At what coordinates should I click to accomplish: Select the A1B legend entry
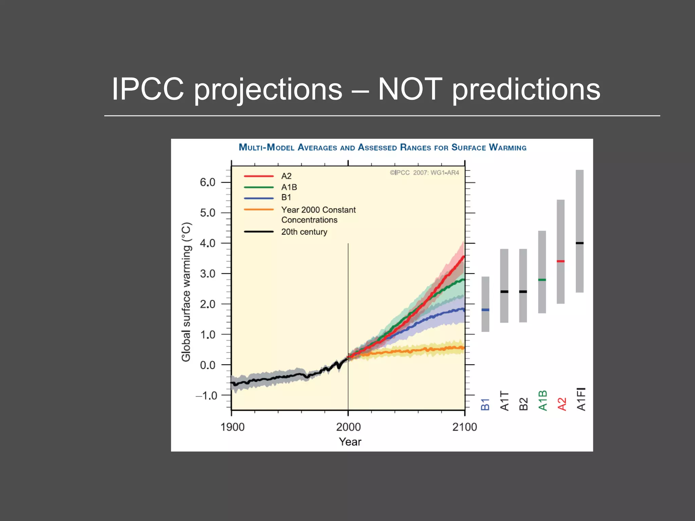pos(289,187)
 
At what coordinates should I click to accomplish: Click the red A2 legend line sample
pos(259,176)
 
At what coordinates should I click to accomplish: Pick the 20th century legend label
pos(304,232)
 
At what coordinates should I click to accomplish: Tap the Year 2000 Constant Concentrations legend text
pos(318,215)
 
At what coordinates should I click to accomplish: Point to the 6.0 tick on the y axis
pos(207,182)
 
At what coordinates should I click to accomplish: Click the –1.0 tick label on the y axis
pos(206,395)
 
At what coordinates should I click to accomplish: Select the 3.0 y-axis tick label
pos(207,274)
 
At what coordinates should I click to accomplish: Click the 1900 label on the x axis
pos(232,427)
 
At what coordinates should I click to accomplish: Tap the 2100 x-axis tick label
pos(465,427)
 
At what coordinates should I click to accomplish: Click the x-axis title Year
pos(350,442)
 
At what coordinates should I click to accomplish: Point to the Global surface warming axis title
pos(186,292)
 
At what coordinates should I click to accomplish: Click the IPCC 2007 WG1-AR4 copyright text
pos(424,173)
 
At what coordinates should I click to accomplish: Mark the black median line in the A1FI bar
pos(580,243)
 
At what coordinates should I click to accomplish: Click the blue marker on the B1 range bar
pos(485,310)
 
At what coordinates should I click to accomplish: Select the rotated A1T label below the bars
pos(505,401)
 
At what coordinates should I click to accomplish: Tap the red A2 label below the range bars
pos(562,404)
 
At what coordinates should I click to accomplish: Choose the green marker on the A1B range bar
pos(542,280)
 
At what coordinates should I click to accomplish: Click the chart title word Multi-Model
pos(266,148)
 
